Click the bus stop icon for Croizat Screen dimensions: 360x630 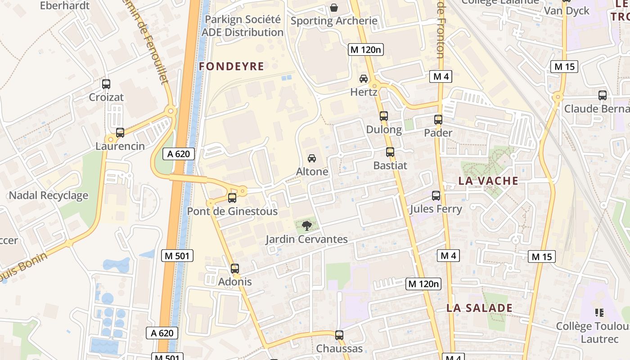106,84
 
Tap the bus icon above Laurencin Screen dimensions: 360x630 120,133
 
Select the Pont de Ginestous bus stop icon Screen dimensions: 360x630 232,198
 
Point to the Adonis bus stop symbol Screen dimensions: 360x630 235,269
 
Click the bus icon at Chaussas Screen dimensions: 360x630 339,335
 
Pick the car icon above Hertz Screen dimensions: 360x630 364,79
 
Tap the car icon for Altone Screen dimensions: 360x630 311,158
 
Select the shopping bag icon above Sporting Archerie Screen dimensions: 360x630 334,8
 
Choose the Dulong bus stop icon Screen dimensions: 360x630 384,116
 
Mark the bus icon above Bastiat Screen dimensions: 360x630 390,152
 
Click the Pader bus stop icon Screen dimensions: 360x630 438,120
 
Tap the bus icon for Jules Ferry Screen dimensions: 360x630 436,196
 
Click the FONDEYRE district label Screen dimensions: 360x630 231,67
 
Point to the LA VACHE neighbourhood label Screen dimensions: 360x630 488,181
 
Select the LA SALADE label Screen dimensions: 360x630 479,308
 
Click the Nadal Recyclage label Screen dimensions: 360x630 49,196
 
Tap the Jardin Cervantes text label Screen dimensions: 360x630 306,239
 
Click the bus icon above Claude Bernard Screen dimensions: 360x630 603,95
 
